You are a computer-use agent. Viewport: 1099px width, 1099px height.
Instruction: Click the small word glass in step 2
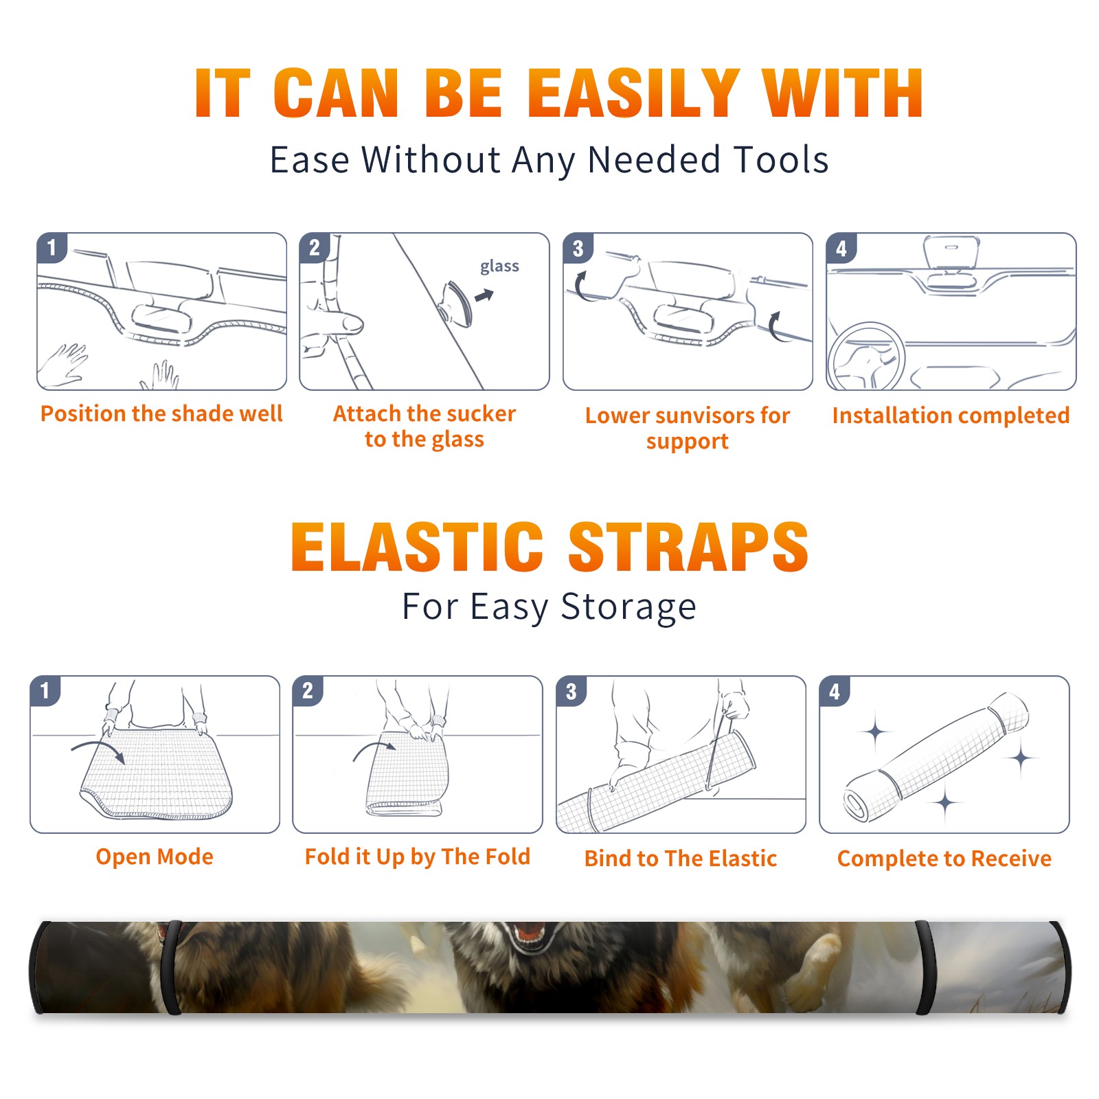[499, 267]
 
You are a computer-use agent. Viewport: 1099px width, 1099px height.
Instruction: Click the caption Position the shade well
[161, 413]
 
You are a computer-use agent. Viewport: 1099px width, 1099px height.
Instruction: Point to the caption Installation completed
[951, 415]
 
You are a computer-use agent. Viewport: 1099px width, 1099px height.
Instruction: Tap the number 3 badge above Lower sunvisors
[578, 248]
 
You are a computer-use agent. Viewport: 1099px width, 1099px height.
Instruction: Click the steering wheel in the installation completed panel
[866, 356]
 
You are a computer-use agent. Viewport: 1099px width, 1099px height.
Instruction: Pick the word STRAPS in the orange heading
[688, 547]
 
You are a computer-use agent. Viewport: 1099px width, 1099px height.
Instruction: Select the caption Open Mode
[155, 857]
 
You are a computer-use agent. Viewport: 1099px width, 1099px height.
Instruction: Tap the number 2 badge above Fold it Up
[308, 690]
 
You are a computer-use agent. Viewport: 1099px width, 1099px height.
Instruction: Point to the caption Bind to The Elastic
[680, 859]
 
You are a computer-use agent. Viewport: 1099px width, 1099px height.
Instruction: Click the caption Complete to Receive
[944, 859]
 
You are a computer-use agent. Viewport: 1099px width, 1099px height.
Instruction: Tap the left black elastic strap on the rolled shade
[170, 967]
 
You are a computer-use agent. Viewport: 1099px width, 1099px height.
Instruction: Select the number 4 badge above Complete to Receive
[835, 691]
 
